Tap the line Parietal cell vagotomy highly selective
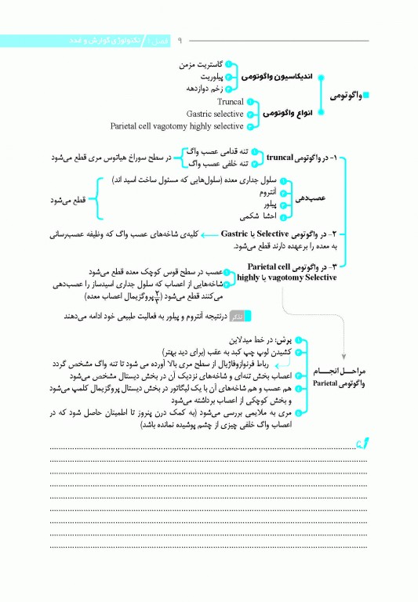tap(177, 125)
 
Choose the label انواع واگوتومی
tap(283, 114)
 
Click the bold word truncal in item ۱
tap(273, 157)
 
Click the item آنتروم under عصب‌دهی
tap(259, 191)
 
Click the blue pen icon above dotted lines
tap(362, 444)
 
